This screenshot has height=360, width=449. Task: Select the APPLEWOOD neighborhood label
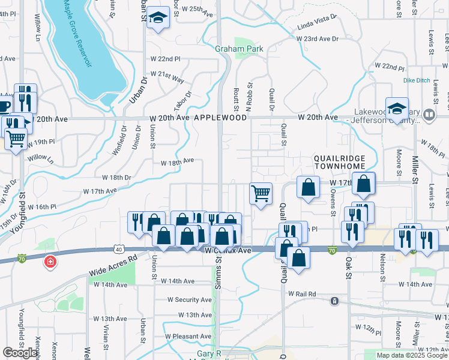click(x=220, y=118)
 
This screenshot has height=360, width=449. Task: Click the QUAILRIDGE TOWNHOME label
click(x=339, y=163)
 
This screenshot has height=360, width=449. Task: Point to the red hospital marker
click(x=50, y=262)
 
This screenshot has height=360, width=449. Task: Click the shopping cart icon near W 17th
click(x=261, y=194)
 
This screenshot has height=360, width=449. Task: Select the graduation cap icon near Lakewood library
click(x=397, y=109)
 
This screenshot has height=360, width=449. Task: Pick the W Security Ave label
click(x=189, y=299)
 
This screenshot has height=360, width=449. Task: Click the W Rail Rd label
click(x=301, y=294)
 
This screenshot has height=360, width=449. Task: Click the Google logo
click(x=20, y=353)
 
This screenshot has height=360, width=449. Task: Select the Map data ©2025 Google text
click(x=411, y=355)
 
